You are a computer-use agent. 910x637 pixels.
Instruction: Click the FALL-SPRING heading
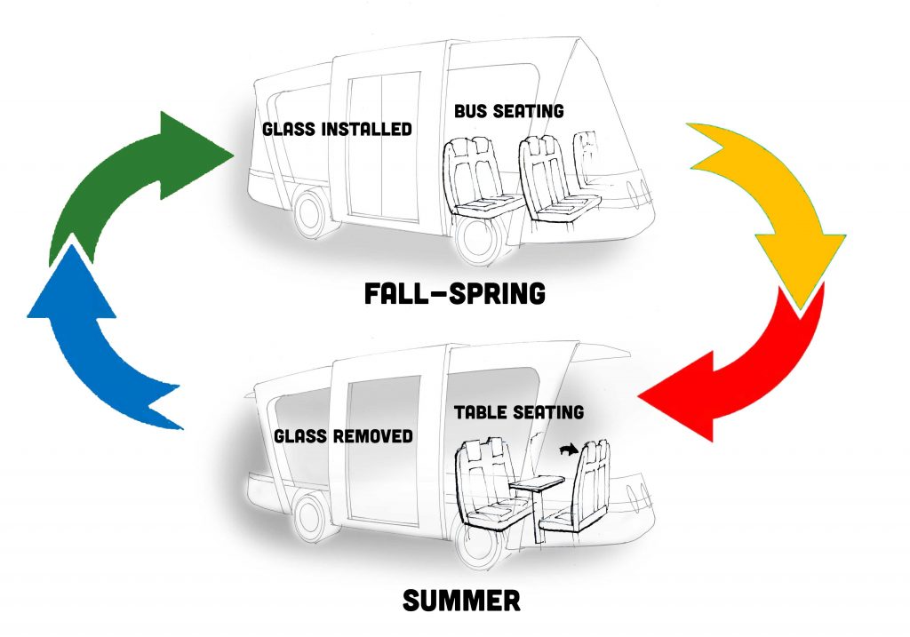(x=455, y=293)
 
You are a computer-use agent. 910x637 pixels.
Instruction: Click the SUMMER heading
(x=461, y=601)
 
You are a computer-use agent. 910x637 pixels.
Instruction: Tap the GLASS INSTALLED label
(x=337, y=129)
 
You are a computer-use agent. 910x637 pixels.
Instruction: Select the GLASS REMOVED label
(x=343, y=436)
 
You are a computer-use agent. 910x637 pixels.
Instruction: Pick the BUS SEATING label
(x=508, y=112)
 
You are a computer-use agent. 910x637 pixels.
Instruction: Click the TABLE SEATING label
(x=519, y=412)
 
